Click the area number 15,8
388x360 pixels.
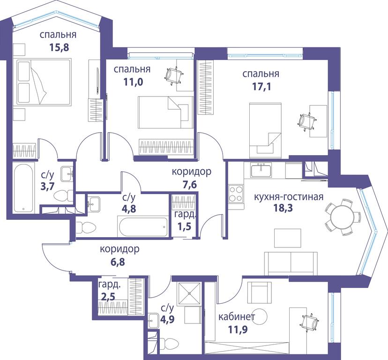pos(59,47)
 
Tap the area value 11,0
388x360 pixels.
pos(133,82)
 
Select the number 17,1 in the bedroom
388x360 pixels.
pos(261,86)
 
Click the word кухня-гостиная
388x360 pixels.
pos(289,197)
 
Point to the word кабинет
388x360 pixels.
pos(237,317)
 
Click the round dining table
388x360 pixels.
pos(339,217)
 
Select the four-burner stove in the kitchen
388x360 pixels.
pos(236,194)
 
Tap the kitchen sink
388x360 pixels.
pos(261,170)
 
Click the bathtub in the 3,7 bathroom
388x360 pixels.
pos(23,188)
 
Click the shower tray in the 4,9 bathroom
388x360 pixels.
pos(189,293)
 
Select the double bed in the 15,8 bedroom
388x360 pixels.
pos(44,82)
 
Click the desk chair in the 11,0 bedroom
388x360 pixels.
pos(174,75)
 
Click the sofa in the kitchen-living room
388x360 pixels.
pos(291,263)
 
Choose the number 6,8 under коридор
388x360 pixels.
pos(118,262)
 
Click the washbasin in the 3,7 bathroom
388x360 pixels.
pos(67,174)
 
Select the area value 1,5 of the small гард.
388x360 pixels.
pos(184,226)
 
